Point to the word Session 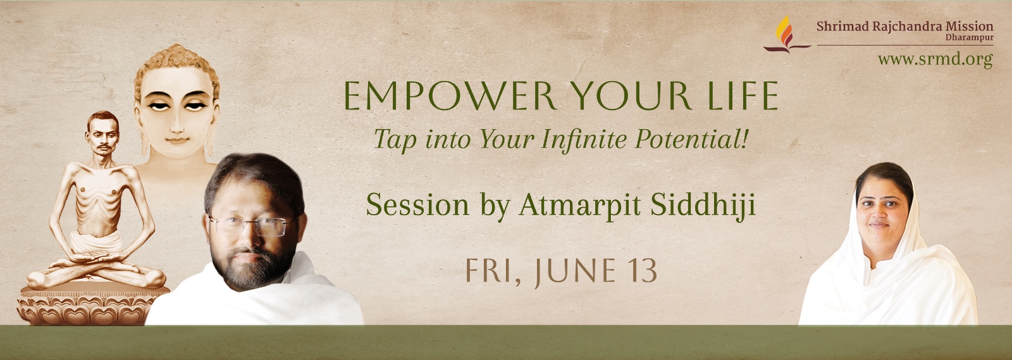tap(417, 205)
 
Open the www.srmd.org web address tap(935, 59)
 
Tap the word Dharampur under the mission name tap(969, 37)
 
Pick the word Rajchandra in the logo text tap(901, 26)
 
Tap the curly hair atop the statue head tap(176, 63)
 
